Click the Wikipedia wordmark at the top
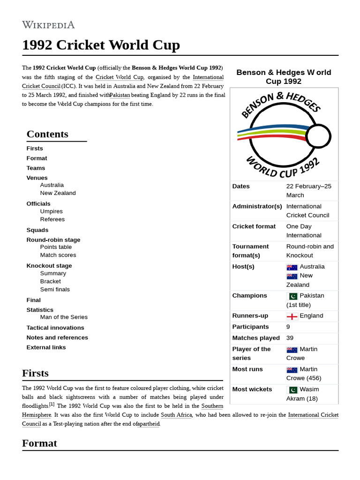click(x=48, y=25)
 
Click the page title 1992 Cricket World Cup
click(x=101, y=45)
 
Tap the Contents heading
click(x=47, y=134)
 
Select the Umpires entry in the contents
click(x=51, y=211)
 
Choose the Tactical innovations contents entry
click(x=55, y=328)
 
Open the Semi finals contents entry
click(x=55, y=289)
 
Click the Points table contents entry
click(x=56, y=247)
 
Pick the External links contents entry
click(x=46, y=347)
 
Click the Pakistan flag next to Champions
click(x=292, y=296)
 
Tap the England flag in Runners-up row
click(x=292, y=316)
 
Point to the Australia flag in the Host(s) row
click(x=292, y=267)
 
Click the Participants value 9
click(x=288, y=327)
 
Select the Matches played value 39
click(x=290, y=338)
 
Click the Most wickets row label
click(x=252, y=389)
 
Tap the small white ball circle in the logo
click(x=318, y=136)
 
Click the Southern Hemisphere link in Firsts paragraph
click(x=37, y=415)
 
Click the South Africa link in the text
click(x=176, y=415)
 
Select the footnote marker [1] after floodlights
click(x=52, y=404)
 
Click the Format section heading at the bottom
click(x=39, y=443)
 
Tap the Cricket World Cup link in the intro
click(x=120, y=77)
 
